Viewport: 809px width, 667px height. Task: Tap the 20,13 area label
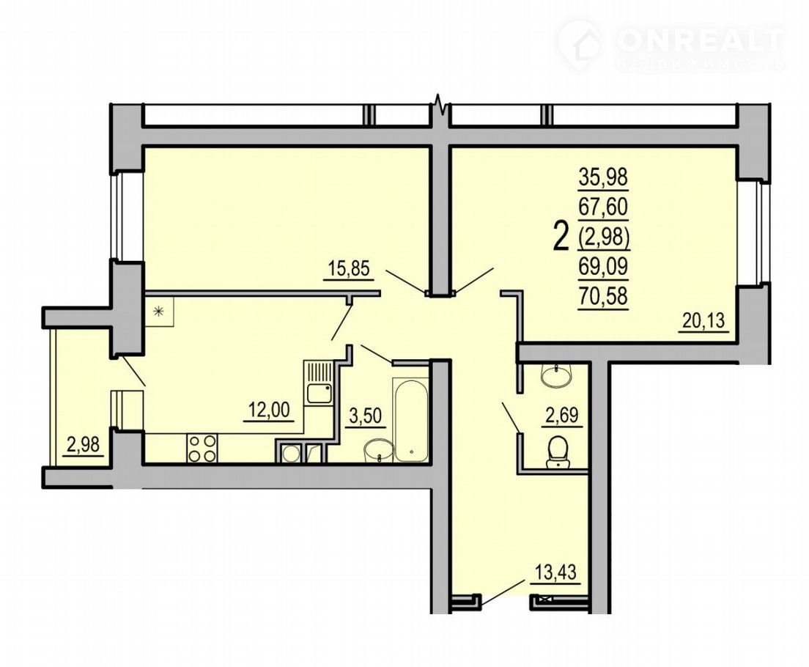click(703, 321)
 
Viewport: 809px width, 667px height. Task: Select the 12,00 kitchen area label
click(269, 411)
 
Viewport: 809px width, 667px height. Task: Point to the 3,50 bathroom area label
click(367, 416)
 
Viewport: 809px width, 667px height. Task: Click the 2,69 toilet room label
click(561, 416)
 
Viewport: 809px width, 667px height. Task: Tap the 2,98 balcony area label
click(84, 444)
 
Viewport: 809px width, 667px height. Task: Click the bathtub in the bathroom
click(410, 420)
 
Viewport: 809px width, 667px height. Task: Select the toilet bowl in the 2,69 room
click(557, 452)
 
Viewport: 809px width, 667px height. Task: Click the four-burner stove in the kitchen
click(202, 448)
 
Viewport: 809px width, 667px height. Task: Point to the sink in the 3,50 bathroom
click(379, 452)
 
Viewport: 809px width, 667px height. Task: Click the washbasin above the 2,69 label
click(555, 374)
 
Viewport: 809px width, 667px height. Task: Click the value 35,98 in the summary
click(602, 177)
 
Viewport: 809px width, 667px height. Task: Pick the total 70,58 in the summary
click(602, 296)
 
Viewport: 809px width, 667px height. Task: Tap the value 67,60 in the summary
click(602, 207)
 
